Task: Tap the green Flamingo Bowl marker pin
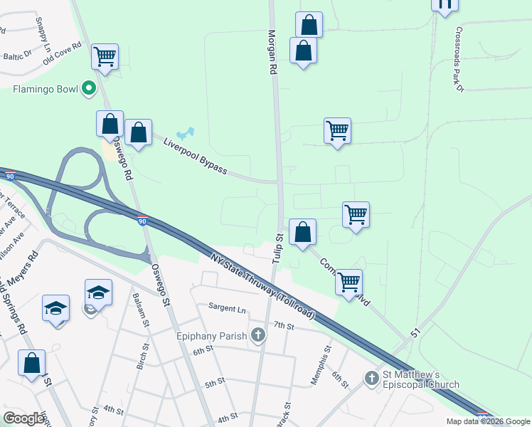tap(89, 88)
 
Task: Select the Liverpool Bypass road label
tap(195, 157)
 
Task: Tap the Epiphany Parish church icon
tap(258, 334)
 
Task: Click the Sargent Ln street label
tap(226, 308)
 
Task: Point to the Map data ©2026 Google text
tap(488, 421)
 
